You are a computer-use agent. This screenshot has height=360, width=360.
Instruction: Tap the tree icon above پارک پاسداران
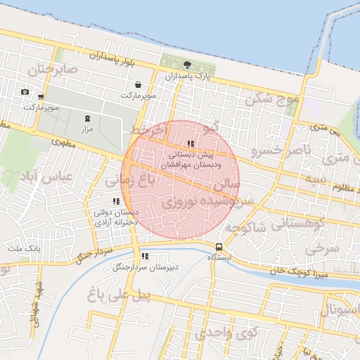point(186,65)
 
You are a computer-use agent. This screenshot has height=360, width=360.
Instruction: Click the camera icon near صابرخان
point(25,92)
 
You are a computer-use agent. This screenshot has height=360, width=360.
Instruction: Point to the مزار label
point(87,129)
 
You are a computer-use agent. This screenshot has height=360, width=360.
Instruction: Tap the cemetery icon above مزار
point(87,118)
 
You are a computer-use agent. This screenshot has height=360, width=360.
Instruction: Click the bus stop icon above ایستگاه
point(219,247)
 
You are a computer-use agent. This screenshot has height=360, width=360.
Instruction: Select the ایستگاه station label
point(219,258)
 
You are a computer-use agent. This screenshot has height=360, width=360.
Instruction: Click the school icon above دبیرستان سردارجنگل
point(145,257)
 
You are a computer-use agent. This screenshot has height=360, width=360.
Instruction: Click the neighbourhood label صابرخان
point(50,70)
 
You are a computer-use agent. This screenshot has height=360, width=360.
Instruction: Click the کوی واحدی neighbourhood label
point(226,333)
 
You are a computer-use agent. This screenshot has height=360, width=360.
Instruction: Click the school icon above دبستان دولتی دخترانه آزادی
point(116,202)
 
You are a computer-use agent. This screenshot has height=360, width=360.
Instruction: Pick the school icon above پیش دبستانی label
point(191,143)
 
